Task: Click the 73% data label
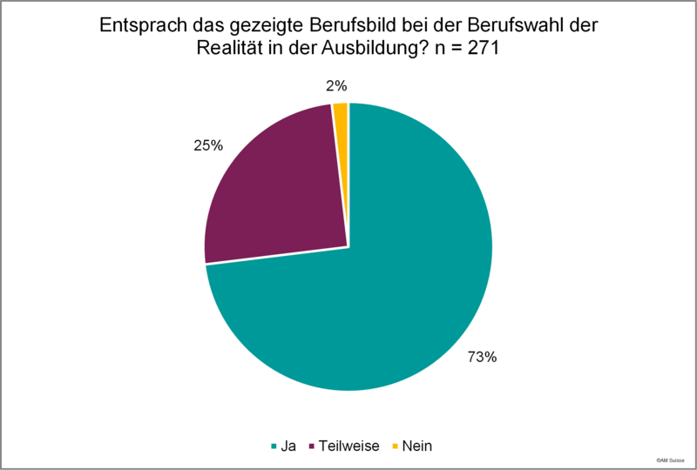tap(482, 357)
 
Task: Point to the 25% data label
tap(208, 145)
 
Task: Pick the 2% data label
tap(336, 86)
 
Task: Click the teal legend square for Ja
tap(274, 446)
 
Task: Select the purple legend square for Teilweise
tap(312, 446)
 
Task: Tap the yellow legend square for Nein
tap(395, 446)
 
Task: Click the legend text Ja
tap(288, 446)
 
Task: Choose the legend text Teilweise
tap(349, 446)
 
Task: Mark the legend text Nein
tap(417, 446)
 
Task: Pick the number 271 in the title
tap(484, 48)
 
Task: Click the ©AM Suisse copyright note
tap(670, 460)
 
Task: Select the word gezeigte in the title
tap(267, 26)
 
